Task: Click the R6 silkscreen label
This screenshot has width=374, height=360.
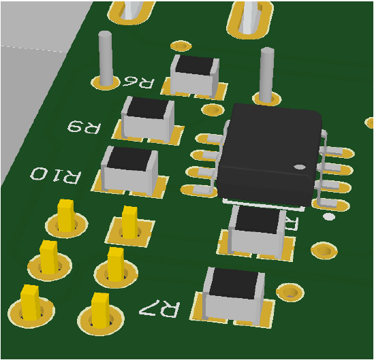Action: click(x=138, y=82)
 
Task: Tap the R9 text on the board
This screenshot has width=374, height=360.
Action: click(x=84, y=127)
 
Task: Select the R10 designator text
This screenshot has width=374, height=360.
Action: click(x=55, y=175)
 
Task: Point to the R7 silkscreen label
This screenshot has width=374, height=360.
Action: click(x=159, y=309)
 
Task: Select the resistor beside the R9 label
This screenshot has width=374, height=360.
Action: click(x=148, y=117)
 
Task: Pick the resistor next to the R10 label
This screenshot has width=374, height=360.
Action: click(x=129, y=167)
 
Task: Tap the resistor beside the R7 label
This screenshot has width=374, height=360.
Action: click(x=234, y=294)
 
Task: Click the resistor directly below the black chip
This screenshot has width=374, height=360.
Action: click(x=258, y=230)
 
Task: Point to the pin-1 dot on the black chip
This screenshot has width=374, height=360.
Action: click(x=297, y=166)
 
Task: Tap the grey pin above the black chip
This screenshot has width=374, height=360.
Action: click(x=266, y=73)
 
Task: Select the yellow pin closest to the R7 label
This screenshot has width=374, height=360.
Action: click(x=100, y=310)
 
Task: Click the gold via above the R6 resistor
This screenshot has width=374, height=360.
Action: click(x=181, y=46)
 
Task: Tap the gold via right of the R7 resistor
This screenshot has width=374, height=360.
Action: click(x=290, y=292)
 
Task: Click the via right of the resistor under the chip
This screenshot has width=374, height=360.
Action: click(x=323, y=251)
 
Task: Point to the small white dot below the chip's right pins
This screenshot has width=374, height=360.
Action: click(x=328, y=217)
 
